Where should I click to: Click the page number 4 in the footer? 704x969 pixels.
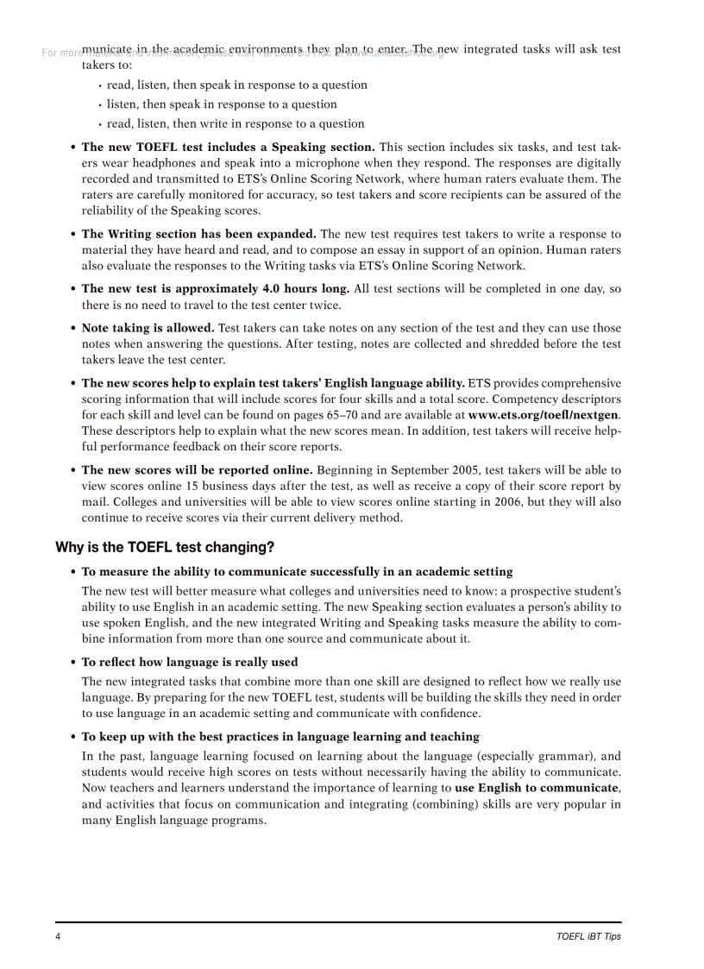click(x=58, y=937)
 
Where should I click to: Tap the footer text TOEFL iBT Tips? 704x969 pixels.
click(x=588, y=937)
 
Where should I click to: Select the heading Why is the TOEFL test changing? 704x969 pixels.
click(x=165, y=547)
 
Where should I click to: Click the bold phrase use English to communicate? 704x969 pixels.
click(x=537, y=788)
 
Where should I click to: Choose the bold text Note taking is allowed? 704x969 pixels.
click(x=148, y=328)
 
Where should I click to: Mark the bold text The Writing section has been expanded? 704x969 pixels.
click(x=198, y=234)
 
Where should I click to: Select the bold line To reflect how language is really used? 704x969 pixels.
click(x=190, y=662)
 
